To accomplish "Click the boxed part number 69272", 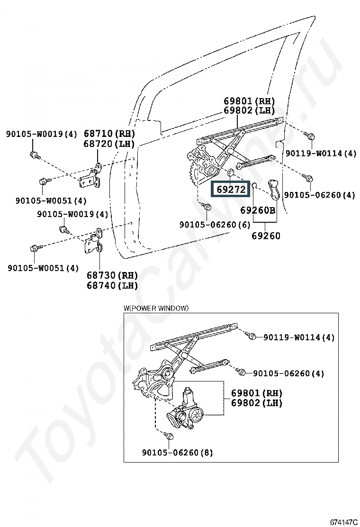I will (231, 190).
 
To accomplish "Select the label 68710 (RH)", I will (109, 134).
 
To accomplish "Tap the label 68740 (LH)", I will (112, 285).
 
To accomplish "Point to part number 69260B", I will (258, 210).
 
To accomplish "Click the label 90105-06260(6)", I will (215, 225).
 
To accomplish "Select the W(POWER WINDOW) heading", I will (156, 308).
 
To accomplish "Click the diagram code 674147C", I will (343, 522).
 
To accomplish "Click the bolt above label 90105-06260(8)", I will (169, 436).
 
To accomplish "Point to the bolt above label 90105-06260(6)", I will (207, 207).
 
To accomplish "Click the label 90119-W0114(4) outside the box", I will (320, 153).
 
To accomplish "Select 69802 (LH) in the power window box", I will (256, 403).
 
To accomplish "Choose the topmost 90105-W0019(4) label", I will (41, 134).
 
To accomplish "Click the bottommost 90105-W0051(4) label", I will (43, 268).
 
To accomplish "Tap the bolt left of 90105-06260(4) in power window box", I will (242, 373).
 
